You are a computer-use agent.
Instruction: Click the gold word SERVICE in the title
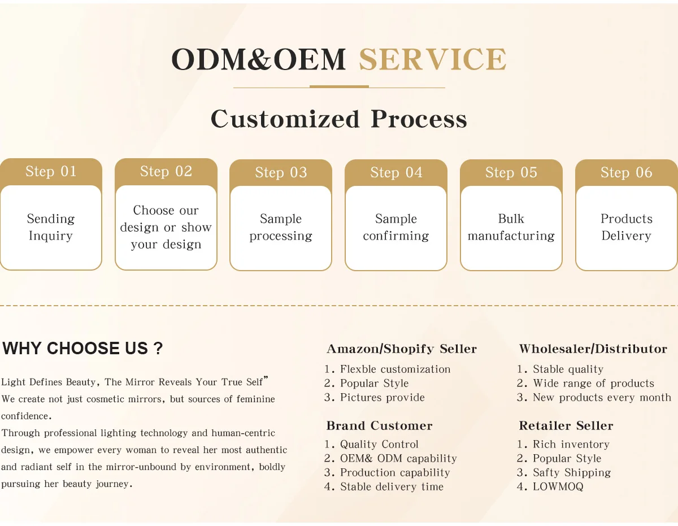432,60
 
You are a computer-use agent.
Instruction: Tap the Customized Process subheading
339,119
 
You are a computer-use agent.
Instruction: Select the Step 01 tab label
51,171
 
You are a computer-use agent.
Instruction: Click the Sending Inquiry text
51,227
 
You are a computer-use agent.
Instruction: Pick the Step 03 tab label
281,172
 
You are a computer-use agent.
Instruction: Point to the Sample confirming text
396,227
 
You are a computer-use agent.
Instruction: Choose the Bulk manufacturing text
511,227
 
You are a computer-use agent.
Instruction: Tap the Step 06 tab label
626,172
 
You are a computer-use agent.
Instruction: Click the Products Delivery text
626,227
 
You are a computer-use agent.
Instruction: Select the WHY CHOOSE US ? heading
82,349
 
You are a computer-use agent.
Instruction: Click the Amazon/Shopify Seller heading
402,349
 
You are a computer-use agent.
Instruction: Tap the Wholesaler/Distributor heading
593,349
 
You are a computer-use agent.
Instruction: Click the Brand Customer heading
379,426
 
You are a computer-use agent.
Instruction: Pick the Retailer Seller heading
566,426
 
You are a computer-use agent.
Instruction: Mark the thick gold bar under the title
339,87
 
